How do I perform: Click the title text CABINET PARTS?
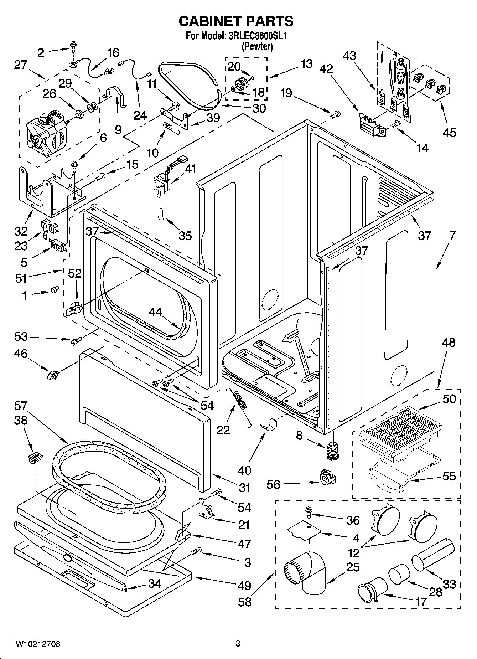click(236, 21)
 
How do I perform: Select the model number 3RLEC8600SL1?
click(257, 36)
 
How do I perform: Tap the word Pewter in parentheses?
click(257, 46)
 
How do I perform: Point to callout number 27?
click(21, 65)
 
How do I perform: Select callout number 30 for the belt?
click(259, 108)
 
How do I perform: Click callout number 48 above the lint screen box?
click(448, 343)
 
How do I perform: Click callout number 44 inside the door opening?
click(156, 312)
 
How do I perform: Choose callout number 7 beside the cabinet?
click(452, 236)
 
